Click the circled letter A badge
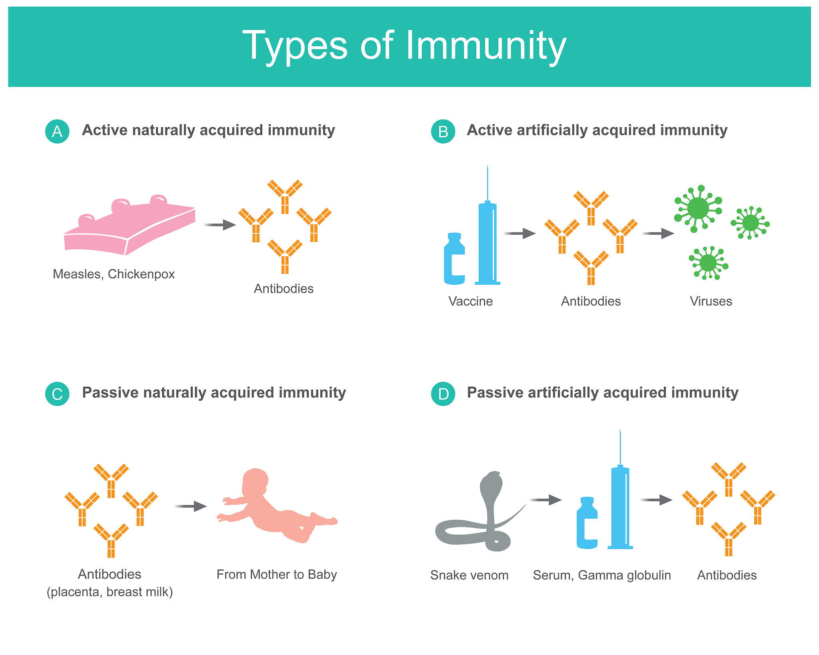point(57,131)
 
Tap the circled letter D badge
point(443,394)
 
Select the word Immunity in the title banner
point(486,46)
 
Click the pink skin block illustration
point(130,226)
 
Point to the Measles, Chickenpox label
point(114,274)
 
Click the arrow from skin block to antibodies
point(220,225)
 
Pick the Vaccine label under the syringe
point(471,301)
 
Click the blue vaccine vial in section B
point(454,259)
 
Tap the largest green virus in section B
point(698,208)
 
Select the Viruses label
point(711,301)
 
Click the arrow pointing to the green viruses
point(658,233)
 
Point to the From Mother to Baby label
point(277,575)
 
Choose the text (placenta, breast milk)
point(110,592)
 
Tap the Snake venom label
point(469,575)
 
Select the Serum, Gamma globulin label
point(602,575)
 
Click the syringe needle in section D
point(620,447)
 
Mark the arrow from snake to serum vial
point(546,500)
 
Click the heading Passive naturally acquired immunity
point(214,393)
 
